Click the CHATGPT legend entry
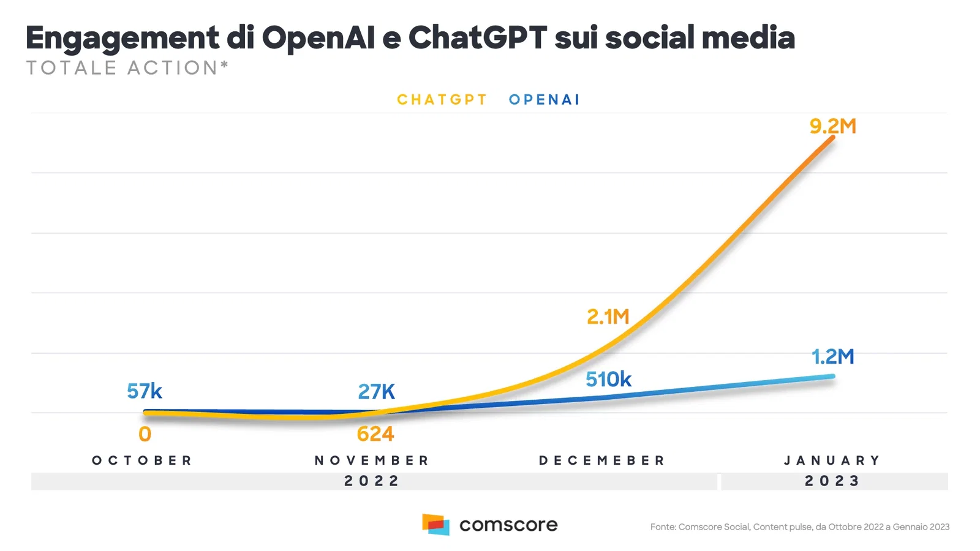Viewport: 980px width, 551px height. pos(442,100)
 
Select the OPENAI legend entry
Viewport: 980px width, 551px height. pos(545,100)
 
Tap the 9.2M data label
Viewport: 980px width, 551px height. pos(832,126)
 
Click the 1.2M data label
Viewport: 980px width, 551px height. pos(832,357)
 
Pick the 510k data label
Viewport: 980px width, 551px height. pos(608,380)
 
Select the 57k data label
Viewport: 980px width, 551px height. pos(145,391)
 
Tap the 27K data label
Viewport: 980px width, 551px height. pos(376,392)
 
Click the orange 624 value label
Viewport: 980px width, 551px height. pos(375,434)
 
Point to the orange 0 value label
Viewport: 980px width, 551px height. pos(145,434)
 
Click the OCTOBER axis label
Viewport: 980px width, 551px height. pos(142,460)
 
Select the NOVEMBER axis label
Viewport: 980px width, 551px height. pos(372,460)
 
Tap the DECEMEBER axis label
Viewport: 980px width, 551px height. pos(602,460)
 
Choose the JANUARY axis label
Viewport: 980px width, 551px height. pos(832,460)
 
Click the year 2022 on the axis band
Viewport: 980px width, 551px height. pos(372,481)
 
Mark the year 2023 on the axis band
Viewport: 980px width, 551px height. pos(832,481)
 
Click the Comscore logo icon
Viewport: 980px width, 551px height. pos(435,524)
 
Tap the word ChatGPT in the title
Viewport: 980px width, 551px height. pos(478,37)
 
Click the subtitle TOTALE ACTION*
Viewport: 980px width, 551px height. pos(127,68)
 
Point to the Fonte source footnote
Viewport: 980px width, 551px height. pos(800,527)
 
